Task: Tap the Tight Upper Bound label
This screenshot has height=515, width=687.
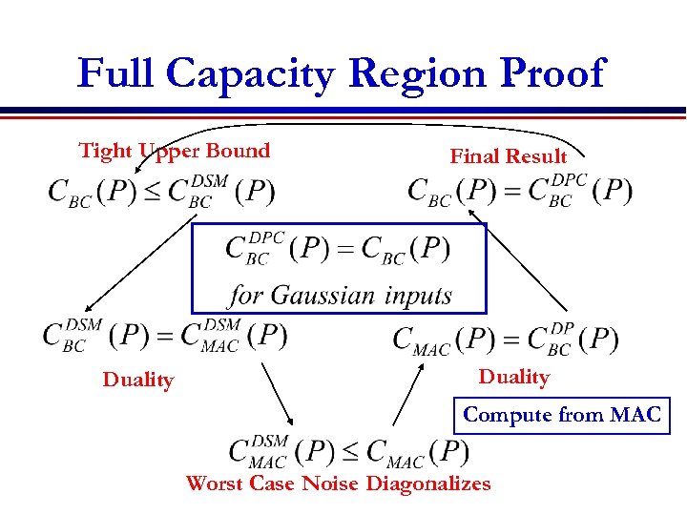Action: [175, 151]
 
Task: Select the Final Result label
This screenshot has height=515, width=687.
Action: [508, 156]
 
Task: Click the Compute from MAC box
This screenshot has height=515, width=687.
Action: [561, 415]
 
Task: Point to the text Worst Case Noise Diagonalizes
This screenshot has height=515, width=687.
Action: [338, 484]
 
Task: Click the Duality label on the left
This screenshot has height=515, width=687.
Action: [138, 381]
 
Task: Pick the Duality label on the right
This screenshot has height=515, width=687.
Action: [513, 377]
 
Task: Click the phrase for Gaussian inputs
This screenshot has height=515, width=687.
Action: [340, 295]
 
